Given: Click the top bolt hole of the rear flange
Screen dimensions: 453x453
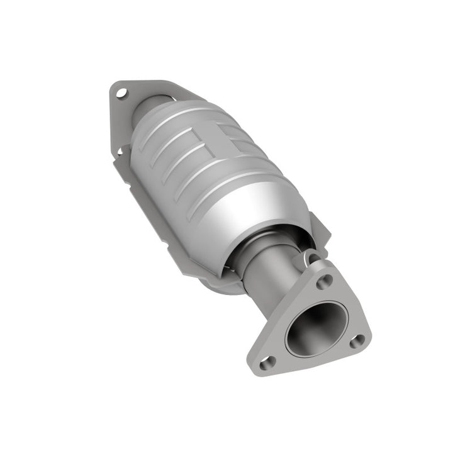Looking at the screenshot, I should pos(121,93).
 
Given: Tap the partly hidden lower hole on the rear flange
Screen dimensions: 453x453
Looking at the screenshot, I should pos(120,150).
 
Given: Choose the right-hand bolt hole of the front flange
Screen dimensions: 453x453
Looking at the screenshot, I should pos(357,340).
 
